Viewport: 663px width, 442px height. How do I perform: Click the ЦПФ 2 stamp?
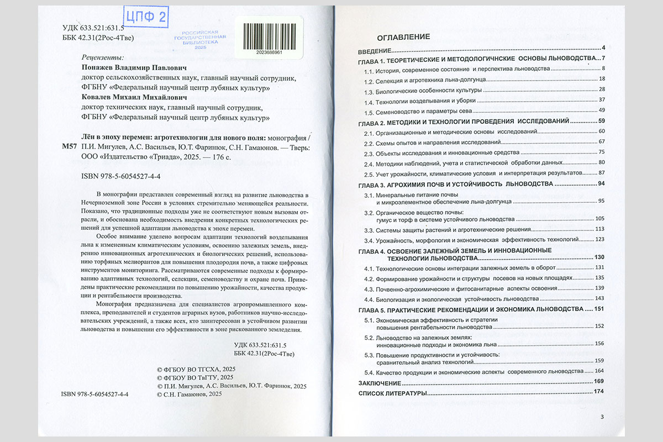point(145,17)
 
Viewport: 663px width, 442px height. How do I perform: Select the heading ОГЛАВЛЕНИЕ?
point(403,37)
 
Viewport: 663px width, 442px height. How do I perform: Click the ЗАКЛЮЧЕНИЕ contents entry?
point(379,382)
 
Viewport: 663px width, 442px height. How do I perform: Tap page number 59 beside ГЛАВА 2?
point(602,121)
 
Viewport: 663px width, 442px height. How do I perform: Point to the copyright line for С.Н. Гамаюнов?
point(190,394)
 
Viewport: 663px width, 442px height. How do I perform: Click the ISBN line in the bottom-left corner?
point(94,394)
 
